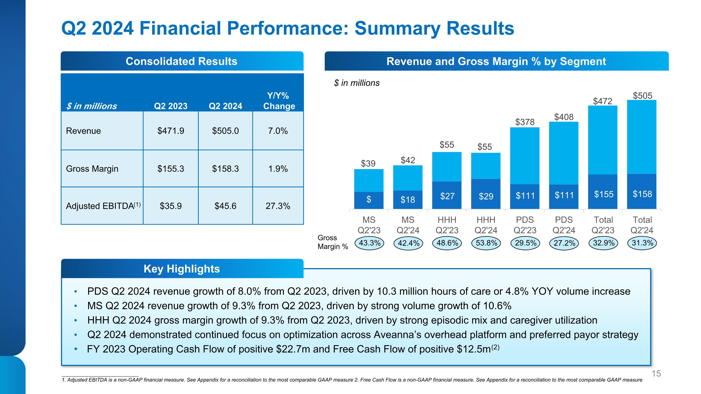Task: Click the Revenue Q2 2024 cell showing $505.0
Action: pyautogui.click(x=225, y=131)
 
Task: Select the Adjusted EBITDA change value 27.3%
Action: pyautogui.click(x=278, y=206)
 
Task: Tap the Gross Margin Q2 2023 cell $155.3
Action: pyautogui.click(x=171, y=169)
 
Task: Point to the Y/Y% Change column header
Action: pyautogui.click(x=279, y=101)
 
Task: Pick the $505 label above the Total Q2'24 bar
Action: pyautogui.click(x=642, y=96)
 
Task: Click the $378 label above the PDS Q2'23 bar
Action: pyautogui.click(x=525, y=122)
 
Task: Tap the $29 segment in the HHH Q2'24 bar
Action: pyautogui.click(x=486, y=196)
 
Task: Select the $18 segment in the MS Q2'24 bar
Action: pyautogui.click(x=408, y=200)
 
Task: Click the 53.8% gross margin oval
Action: pyautogui.click(x=486, y=243)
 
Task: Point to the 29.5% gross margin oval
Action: pyautogui.click(x=526, y=243)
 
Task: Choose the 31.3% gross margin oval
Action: pyautogui.click(x=642, y=243)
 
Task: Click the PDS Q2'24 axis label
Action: pyautogui.click(x=564, y=225)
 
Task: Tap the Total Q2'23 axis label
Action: pyautogui.click(x=603, y=225)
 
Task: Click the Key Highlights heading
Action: pyautogui.click(x=182, y=269)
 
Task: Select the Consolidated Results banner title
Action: pyautogui.click(x=182, y=61)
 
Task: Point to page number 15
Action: pyautogui.click(x=656, y=374)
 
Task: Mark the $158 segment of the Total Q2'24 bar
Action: pyautogui.click(x=642, y=194)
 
